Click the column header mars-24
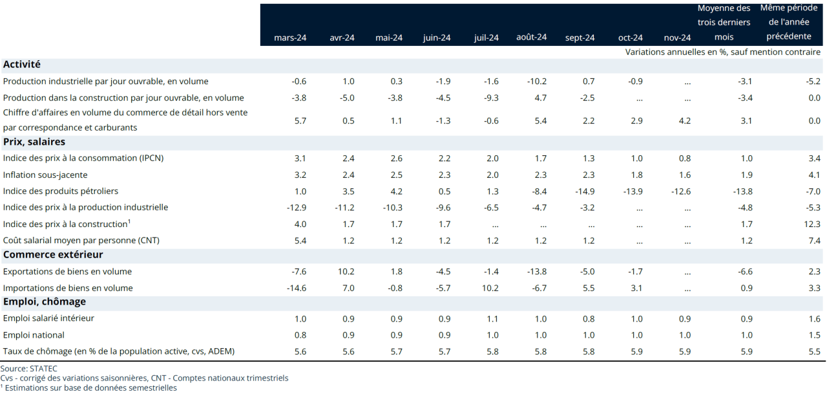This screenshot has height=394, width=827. (290, 38)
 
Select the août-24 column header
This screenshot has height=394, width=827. (531, 37)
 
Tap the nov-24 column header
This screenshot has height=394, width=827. (677, 38)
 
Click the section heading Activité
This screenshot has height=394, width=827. (22, 65)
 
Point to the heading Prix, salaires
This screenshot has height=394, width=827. (34, 142)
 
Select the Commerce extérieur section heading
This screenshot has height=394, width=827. (53, 255)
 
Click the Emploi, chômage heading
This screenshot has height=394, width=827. (45, 301)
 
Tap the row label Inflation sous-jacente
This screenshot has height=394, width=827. (45, 175)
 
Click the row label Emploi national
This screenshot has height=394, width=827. (34, 335)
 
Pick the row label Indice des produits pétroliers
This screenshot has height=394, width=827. (61, 191)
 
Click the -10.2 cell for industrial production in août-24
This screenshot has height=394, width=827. (536, 82)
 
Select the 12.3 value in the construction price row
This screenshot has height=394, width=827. (813, 224)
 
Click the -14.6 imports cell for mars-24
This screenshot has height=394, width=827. (296, 288)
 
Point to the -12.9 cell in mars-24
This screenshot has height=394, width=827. (296, 208)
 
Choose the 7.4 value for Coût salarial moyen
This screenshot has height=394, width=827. (815, 241)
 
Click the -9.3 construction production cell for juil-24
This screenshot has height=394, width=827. (491, 98)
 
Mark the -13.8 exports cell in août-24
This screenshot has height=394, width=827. (536, 272)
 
